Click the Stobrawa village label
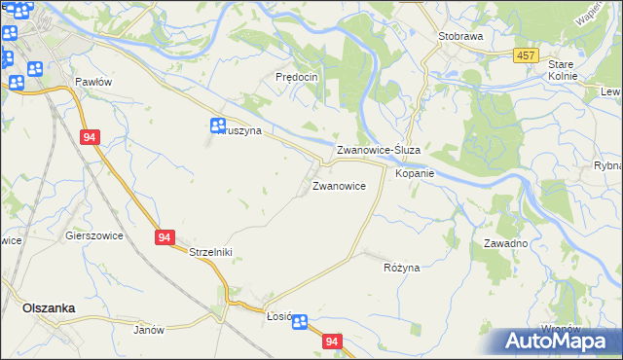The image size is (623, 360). click(461, 36)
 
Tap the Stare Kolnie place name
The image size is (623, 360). click(562, 69)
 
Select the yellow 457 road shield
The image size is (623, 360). click(526, 55)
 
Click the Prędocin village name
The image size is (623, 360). click(298, 77)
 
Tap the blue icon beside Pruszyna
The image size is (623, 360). click(218, 126)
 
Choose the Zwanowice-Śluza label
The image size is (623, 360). click(378, 151)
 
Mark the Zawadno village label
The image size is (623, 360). click(504, 243)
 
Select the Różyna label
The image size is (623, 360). click(401, 268)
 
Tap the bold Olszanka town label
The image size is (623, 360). click(49, 307)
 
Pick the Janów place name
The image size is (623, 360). click(149, 330)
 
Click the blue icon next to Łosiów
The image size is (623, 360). click(299, 322)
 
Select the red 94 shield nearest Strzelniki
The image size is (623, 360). click(164, 236)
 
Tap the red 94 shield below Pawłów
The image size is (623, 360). click(90, 138)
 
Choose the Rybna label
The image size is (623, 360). click(607, 166)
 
